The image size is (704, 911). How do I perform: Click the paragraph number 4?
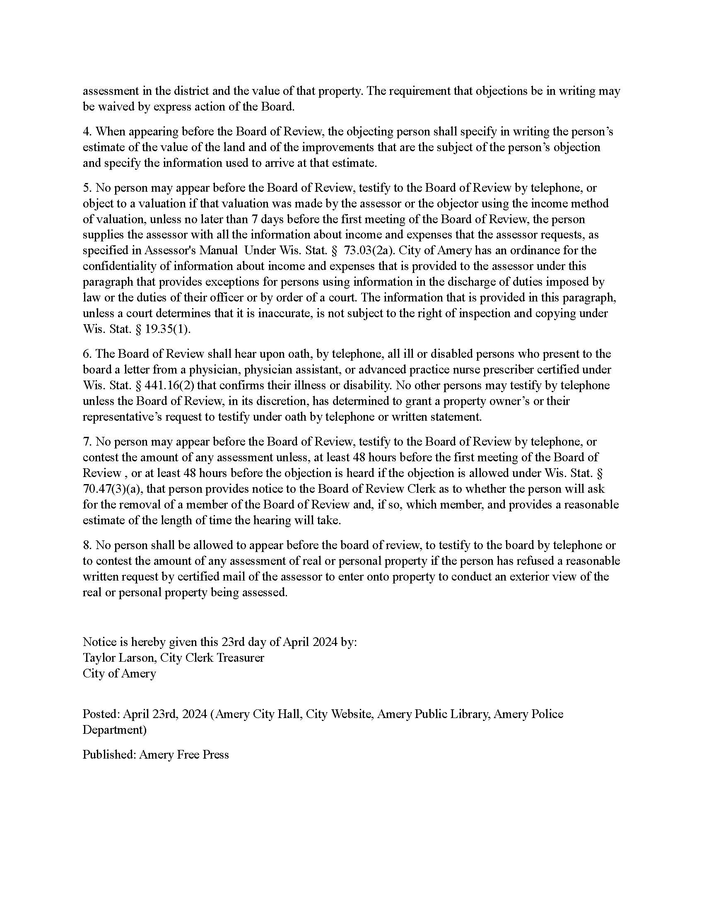86,132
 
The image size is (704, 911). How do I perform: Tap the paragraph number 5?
86,188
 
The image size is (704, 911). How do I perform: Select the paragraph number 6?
86,354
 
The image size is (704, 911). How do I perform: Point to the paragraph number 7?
86,442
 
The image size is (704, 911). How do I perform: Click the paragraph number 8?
86,546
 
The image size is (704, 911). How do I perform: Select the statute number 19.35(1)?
167,329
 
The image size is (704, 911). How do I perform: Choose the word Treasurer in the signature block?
241,658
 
